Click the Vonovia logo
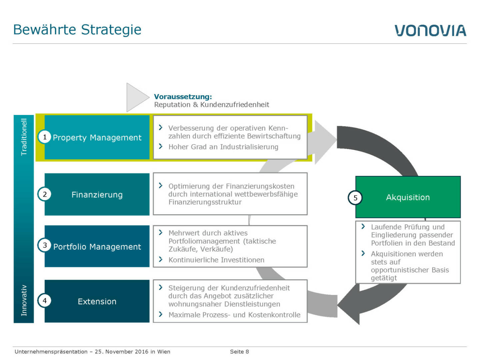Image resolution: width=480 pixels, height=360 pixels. (x=430, y=30)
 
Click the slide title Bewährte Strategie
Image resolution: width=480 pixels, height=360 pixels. (x=77, y=30)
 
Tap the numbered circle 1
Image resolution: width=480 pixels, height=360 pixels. (x=45, y=137)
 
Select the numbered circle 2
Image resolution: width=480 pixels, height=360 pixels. (x=45, y=194)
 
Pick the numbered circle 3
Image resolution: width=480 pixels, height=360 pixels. (x=45, y=245)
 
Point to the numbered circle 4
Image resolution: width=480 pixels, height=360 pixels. (x=45, y=301)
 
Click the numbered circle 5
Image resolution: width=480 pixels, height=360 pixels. (x=355, y=198)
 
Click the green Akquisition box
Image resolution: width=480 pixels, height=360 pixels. (x=408, y=197)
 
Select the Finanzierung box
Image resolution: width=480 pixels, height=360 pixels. (x=97, y=194)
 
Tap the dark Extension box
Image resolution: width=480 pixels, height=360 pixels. (x=97, y=301)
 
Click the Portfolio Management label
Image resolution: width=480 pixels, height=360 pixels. (x=97, y=247)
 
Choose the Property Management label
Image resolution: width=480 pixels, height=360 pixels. (x=97, y=138)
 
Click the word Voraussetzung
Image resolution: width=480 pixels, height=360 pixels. (x=183, y=97)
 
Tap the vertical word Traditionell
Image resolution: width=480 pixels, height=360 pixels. (x=24, y=137)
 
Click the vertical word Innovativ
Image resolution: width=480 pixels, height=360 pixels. (x=24, y=300)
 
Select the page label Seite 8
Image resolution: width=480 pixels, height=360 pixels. (x=239, y=351)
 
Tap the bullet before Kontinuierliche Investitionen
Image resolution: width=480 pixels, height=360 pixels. (x=161, y=259)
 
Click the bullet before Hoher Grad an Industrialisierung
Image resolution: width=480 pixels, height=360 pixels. (x=161, y=146)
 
